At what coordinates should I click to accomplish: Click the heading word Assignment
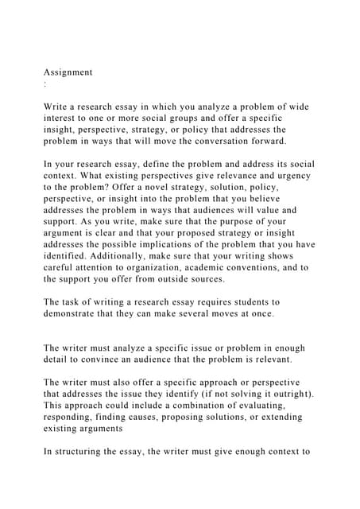[x=68, y=72]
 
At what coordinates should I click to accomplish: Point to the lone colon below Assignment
[x=45, y=84]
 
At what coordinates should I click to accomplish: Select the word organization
[x=168, y=266]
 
